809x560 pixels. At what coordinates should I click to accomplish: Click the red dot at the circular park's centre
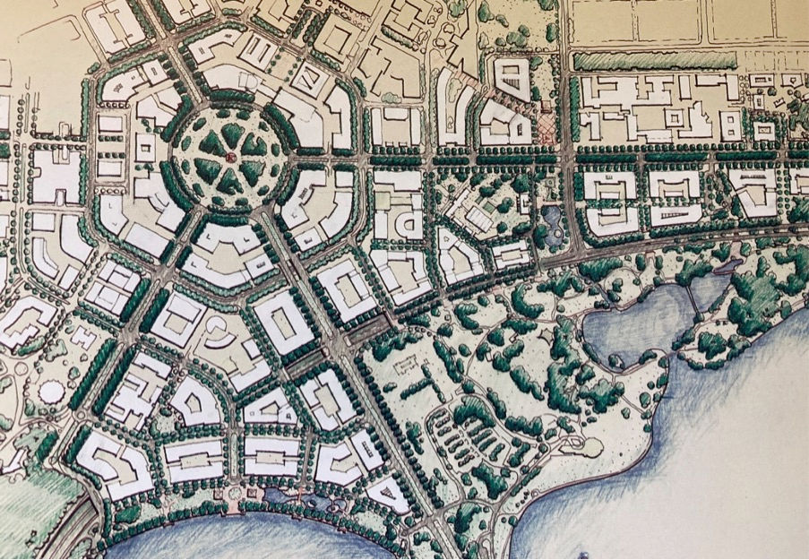click(229, 159)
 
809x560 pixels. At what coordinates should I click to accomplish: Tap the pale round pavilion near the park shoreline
click(590, 445)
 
